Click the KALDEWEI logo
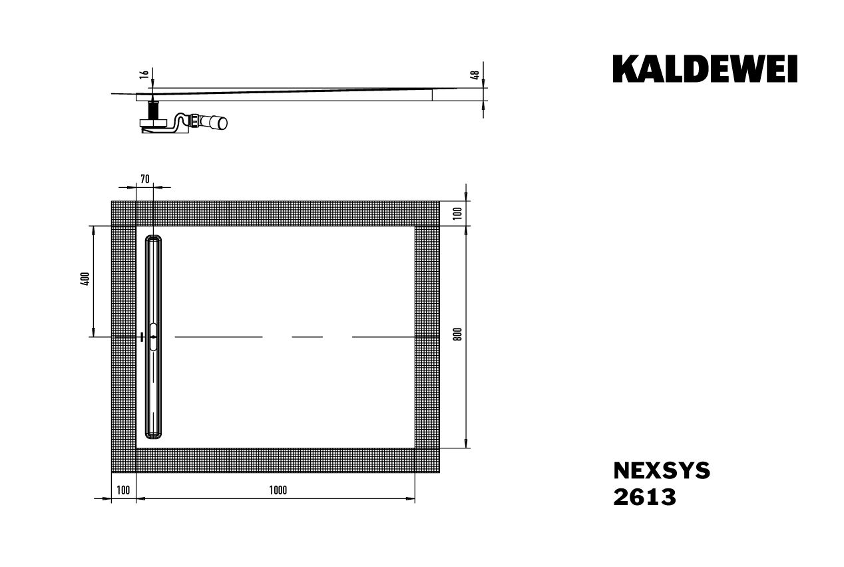[x=705, y=69]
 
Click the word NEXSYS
[x=661, y=471]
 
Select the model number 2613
[x=644, y=497]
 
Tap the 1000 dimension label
[x=278, y=490]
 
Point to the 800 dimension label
[x=457, y=335]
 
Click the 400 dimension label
[x=85, y=280]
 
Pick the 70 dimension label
[x=144, y=178]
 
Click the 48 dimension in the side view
[x=475, y=75]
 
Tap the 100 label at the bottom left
[x=123, y=490]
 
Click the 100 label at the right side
[x=457, y=213]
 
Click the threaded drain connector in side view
[x=154, y=109]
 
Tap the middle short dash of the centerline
[x=307, y=337]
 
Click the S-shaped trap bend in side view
[x=178, y=123]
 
